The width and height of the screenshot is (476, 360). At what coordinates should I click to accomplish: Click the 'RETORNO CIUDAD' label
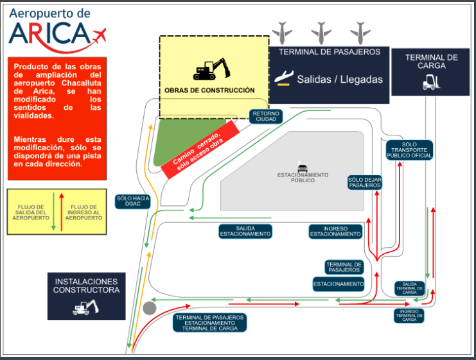tap(266, 116)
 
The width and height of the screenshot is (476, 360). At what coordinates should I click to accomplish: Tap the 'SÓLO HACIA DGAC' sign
tap(133, 201)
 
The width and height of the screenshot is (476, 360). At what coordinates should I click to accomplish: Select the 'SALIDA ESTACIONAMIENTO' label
tap(245, 231)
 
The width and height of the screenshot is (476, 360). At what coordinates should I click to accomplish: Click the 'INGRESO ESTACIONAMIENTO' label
tap(335, 232)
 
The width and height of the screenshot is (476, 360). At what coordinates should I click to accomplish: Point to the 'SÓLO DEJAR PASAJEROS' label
tap(365, 183)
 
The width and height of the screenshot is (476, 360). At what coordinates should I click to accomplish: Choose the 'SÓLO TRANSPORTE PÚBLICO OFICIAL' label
tap(409, 150)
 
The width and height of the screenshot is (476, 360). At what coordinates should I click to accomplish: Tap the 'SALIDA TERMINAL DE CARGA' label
tap(409, 288)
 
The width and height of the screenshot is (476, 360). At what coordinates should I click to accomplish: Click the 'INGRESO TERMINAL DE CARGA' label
tap(409, 316)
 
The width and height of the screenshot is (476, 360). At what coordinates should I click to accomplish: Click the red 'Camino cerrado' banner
tap(200, 150)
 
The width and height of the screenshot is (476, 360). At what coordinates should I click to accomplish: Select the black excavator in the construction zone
tap(211, 69)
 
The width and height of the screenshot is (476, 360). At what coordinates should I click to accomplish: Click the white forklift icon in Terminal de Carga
tap(431, 82)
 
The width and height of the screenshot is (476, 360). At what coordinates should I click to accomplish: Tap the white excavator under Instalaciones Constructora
tap(85, 307)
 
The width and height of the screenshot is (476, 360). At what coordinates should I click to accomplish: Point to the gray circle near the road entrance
tap(150, 308)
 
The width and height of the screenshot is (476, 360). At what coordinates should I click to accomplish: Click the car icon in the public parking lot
tap(303, 167)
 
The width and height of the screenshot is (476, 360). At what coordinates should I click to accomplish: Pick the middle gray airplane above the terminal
tap(321, 33)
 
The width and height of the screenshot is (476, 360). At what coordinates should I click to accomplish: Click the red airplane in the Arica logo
tap(99, 35)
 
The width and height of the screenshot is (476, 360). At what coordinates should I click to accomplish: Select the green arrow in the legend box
tap(53, 211)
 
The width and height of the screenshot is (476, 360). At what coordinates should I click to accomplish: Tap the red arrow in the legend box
tap(61, 212)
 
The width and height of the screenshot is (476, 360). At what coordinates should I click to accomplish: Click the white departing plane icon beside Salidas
tap(284, 78)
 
